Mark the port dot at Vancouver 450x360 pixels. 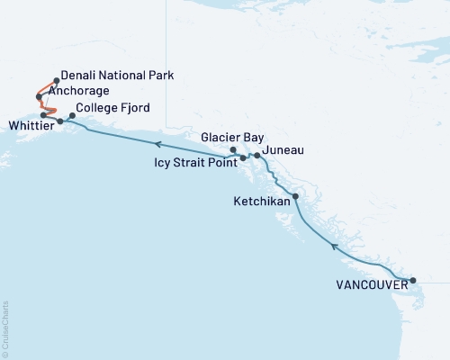[413, 281]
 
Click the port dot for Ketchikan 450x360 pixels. [295, 196]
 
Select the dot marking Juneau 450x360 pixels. [257, 156]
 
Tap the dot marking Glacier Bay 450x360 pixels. [233, 149]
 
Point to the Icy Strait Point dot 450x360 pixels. [243, 158]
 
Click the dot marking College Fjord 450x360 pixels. [72, 115]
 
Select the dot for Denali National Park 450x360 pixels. [57, 80]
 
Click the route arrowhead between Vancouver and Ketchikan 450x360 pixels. [334, 245]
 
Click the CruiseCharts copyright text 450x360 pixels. [5, 328]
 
